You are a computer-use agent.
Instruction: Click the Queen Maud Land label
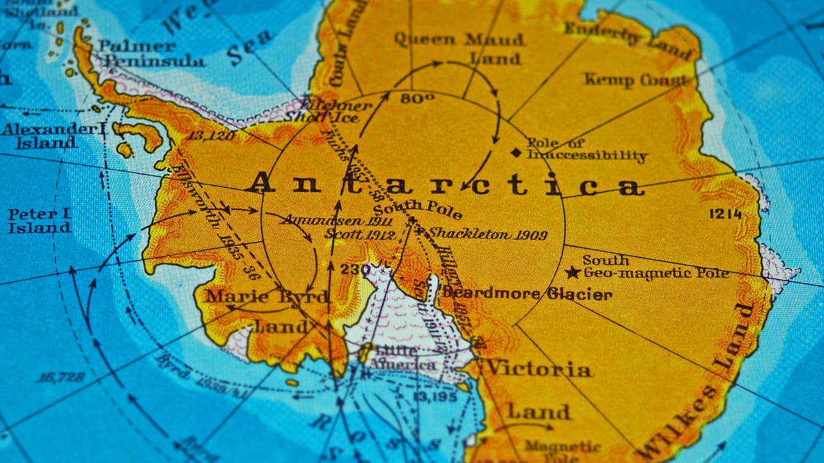tap(459, 48)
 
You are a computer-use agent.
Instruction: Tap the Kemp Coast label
tap(634, 80)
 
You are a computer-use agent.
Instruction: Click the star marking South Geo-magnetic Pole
tap(573, 272)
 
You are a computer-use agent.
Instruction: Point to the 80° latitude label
tap(417, 99)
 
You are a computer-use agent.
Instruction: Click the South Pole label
tap(417, 209)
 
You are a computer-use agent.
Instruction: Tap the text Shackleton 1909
tap(488, 235)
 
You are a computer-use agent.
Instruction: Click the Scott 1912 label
tap(360, 235)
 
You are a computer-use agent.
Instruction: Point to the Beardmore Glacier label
tap(527, 294)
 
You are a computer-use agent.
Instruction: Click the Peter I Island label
tap(39, 221)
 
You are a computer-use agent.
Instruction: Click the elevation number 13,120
tap(211, 136)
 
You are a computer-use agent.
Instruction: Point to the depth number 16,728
tap(61, 377)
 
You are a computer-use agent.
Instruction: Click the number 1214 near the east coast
tap(725, 214)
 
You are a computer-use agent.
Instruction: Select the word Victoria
tap(538, 369)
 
